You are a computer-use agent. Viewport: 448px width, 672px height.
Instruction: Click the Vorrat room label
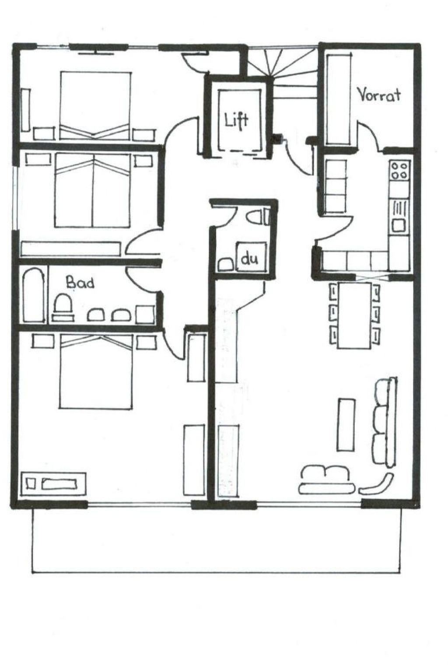(379, 95)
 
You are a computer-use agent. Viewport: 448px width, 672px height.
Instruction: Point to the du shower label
(249, 259)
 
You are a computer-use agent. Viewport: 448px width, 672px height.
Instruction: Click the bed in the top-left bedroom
(95, 105)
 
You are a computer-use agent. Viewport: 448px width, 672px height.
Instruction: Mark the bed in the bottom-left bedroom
(96, 371)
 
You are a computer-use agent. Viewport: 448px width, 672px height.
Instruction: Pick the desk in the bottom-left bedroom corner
(53, 484)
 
